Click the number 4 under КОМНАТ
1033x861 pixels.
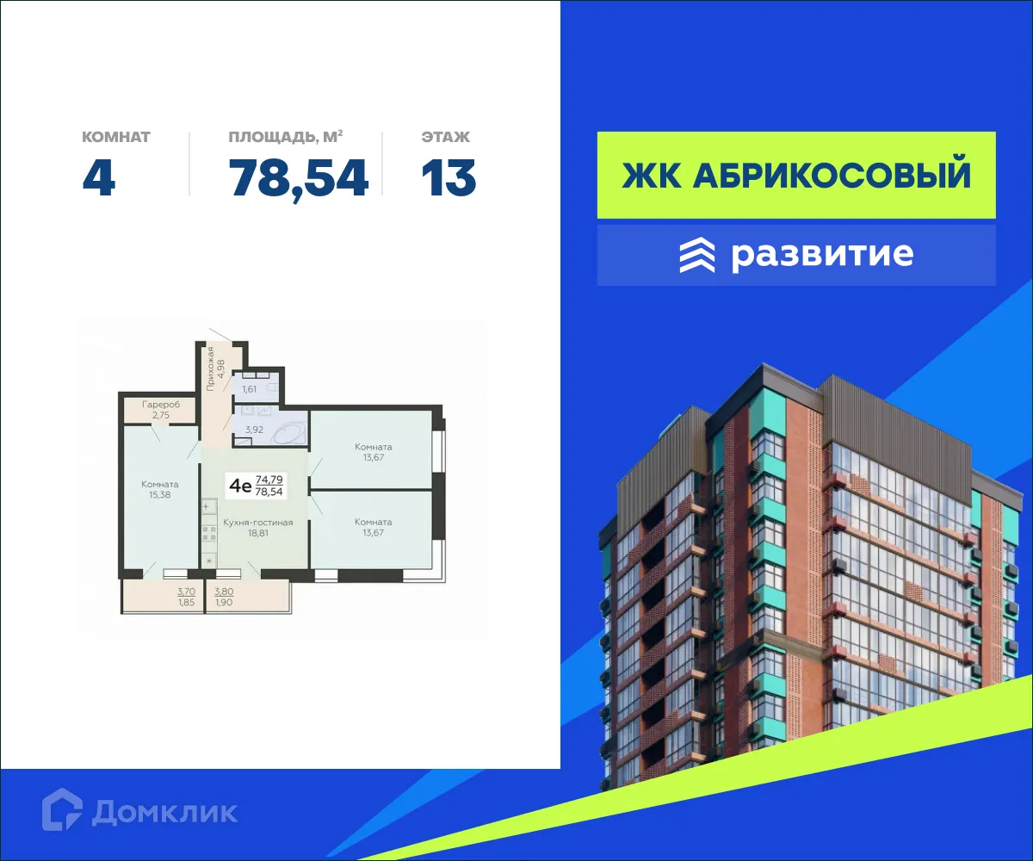pos(99,178)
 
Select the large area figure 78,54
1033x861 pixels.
pos(299,178)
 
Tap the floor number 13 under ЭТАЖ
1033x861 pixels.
pos(448,178)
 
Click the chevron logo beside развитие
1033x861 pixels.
pos(697,255)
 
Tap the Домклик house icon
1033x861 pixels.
pos(62,810)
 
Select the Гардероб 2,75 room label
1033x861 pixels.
pos(162,409)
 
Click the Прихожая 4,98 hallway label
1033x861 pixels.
pos(215,368)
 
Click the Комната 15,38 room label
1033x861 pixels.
pos(160,489)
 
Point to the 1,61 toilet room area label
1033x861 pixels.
pos(249,389)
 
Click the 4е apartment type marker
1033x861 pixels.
pos(239,486)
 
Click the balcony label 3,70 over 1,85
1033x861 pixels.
pos(185,596)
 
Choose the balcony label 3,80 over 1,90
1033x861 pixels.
pos(224,596)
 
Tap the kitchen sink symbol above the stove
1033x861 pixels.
pos(207,507)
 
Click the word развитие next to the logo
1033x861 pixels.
pos(822,255)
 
